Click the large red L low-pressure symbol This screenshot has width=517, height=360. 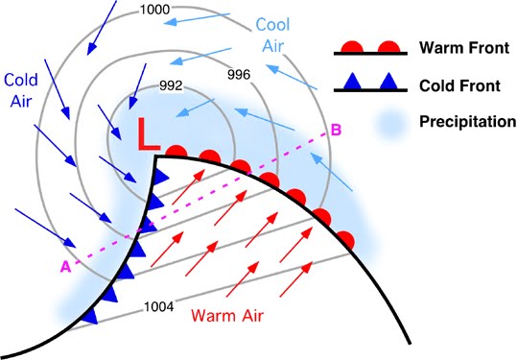[148, 134]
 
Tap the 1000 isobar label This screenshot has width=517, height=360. [154, 10]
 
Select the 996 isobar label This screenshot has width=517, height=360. [239, 75]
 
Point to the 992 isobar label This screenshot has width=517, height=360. [171, 85]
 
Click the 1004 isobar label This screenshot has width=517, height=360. [159, 307]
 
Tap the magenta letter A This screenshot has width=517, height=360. [65, 267]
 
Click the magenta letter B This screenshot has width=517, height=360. [336, 130]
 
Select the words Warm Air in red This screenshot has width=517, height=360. [227, 315]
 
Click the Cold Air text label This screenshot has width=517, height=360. [21, 90]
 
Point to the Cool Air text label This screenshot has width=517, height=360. [273, 35]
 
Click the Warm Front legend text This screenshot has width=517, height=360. [464, 48]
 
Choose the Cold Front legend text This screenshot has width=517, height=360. [459, 85]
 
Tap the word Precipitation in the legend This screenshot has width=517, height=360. [467, 122]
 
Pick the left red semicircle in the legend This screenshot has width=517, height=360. [352, 47]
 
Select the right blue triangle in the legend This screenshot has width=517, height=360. [388, 83]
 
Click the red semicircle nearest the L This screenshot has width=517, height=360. [176, 151]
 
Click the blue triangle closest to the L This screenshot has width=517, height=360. [161, 177]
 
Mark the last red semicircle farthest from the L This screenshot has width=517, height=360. [346, 240]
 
